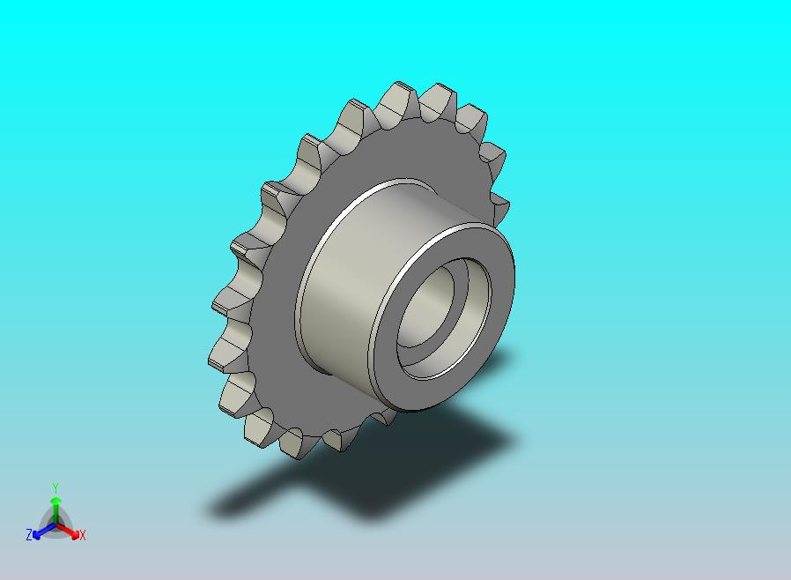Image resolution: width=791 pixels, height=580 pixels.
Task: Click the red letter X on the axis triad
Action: click(83, 535)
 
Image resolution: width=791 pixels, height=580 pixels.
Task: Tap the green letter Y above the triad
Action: click(55, 487)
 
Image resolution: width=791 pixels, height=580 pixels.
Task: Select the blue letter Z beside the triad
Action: click(29, 534)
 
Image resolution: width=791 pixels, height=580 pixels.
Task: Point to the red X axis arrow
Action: click(68, 531)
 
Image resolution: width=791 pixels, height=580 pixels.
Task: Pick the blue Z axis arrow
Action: click(44, 531)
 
